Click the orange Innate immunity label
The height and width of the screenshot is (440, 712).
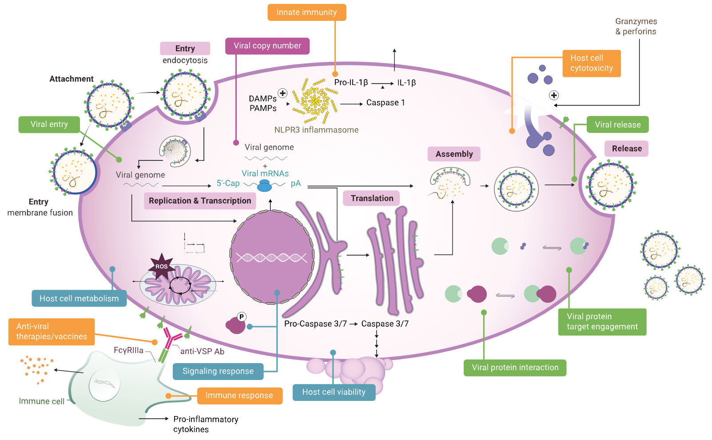(306, 12)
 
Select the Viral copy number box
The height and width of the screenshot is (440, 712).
(267, 46)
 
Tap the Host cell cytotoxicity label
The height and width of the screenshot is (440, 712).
(591, 63)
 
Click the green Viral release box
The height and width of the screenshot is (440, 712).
(617, 125)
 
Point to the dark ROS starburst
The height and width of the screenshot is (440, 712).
(161, 266)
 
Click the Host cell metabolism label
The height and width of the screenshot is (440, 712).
(79, 299)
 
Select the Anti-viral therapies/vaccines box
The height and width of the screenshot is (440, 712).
(52, 332)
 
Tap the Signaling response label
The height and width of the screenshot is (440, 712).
(218, 371)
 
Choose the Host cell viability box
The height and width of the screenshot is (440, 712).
(334, 392)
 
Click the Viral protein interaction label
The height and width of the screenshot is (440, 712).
(515, 368)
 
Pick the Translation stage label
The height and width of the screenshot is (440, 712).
(372, 198)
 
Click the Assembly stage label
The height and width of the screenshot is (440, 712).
(454, 154)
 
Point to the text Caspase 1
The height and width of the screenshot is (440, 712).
(386, 103)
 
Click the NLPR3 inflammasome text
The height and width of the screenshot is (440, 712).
(316, 130)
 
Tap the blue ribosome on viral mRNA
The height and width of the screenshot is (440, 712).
(265, 187)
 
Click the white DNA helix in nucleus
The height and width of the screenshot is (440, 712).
(271, 257)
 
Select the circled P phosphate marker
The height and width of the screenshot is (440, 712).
(242, 317)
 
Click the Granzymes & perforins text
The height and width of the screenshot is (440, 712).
(636, 26)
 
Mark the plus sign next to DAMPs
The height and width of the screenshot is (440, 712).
(282, 93)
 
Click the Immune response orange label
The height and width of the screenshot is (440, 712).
(239, 396)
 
